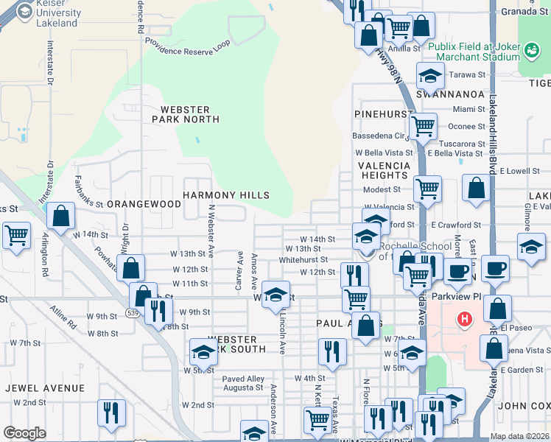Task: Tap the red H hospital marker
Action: tap(464, 319)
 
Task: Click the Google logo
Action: tap(24, 433)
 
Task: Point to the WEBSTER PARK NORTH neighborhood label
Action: tap(186, 114)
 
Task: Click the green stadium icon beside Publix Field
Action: tap(530, 50)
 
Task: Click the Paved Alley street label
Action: tap(243, 379)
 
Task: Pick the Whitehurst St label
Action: tap(303, 260)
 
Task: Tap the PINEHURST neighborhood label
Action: tap(380, 114)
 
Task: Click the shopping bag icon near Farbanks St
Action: tap(61, 216)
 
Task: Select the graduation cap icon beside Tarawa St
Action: tap(429, 74)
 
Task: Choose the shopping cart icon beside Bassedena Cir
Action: tap(423, 126)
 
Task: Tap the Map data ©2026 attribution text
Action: tap(520, 436)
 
